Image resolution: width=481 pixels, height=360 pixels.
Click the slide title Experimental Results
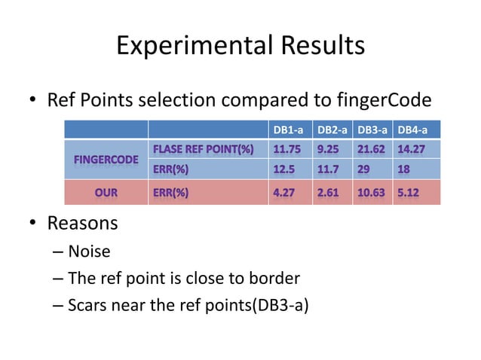coord(240,46)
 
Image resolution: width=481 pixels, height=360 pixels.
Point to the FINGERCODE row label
coord(106,160)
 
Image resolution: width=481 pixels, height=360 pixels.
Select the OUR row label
coord(106,193)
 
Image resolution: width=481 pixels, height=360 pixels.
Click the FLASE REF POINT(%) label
coord(203,149)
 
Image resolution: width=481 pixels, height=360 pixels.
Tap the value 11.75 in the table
coord(287,149)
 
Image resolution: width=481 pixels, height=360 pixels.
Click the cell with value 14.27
coord(412,149)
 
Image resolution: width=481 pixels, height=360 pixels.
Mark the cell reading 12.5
coord(283,169)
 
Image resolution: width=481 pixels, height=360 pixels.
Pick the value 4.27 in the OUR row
coord(285,193)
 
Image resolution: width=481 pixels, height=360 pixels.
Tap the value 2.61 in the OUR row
coord(328,193)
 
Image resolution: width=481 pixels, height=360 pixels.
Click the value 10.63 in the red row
coord(372,193)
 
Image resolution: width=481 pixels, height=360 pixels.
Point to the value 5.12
coord(410,193)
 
